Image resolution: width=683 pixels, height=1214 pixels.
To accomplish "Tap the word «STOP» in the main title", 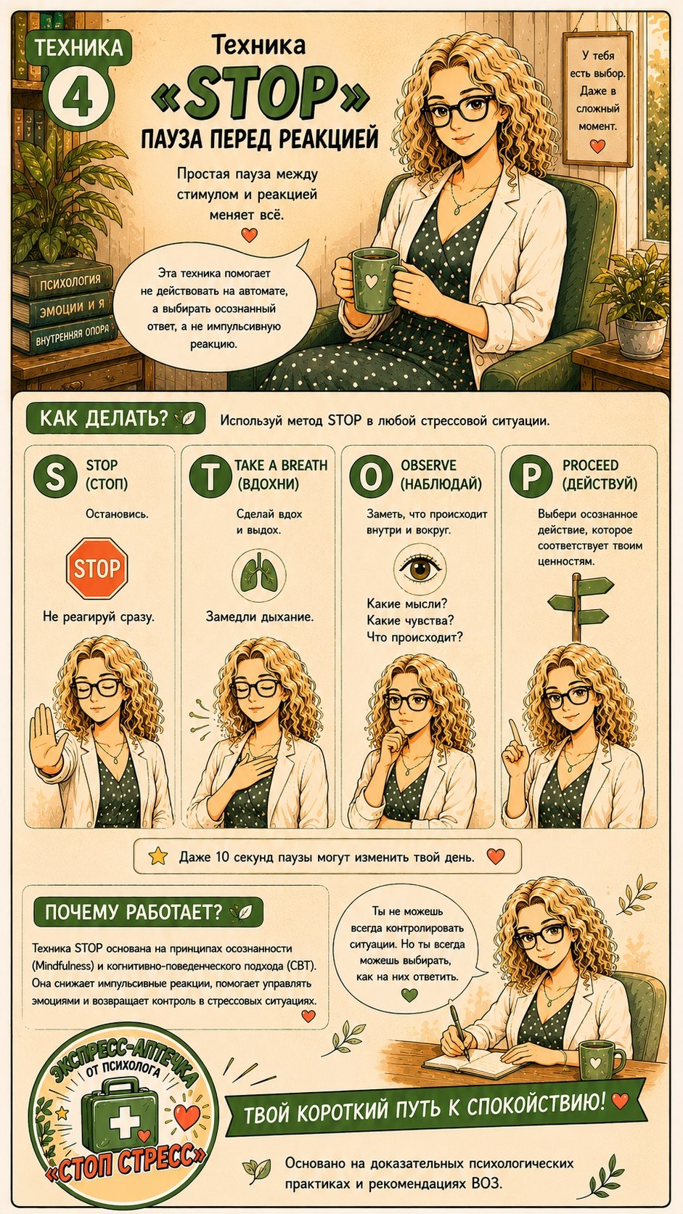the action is (x=261, y=96).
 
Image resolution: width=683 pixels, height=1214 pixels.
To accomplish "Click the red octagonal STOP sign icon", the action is (x=97, y=568).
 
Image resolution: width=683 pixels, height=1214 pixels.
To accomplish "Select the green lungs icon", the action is (x=259, y=574).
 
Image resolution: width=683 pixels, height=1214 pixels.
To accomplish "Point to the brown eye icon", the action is (x=420, y=569).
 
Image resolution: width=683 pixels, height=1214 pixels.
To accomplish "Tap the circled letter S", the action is (x=54, y=476).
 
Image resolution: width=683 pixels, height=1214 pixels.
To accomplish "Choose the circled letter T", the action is (x=210, y=476).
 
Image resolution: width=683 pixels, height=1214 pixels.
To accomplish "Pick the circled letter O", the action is (x=371, y=476).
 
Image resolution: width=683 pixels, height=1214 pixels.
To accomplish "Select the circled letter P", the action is (x=531, y=476).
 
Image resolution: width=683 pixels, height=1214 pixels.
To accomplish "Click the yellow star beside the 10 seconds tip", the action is (x=158, y=856).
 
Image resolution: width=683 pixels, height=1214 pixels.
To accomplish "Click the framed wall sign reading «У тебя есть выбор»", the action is (x=597, y=98).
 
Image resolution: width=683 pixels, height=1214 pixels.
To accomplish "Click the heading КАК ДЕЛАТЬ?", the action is (x=104, y=418).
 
